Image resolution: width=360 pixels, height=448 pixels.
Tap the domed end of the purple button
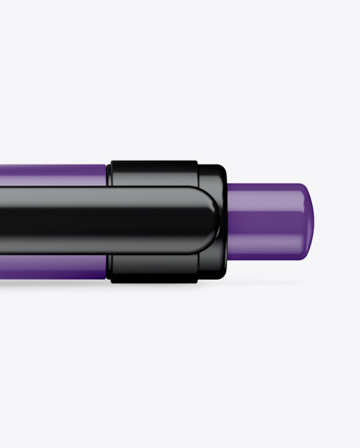307,221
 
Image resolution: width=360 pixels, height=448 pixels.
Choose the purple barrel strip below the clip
54,267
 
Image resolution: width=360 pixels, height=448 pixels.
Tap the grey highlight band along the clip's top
100,195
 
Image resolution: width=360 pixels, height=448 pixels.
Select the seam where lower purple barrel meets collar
109,267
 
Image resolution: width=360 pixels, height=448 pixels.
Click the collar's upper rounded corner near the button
219,169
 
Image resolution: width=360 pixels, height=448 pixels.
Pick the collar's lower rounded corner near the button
219,274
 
